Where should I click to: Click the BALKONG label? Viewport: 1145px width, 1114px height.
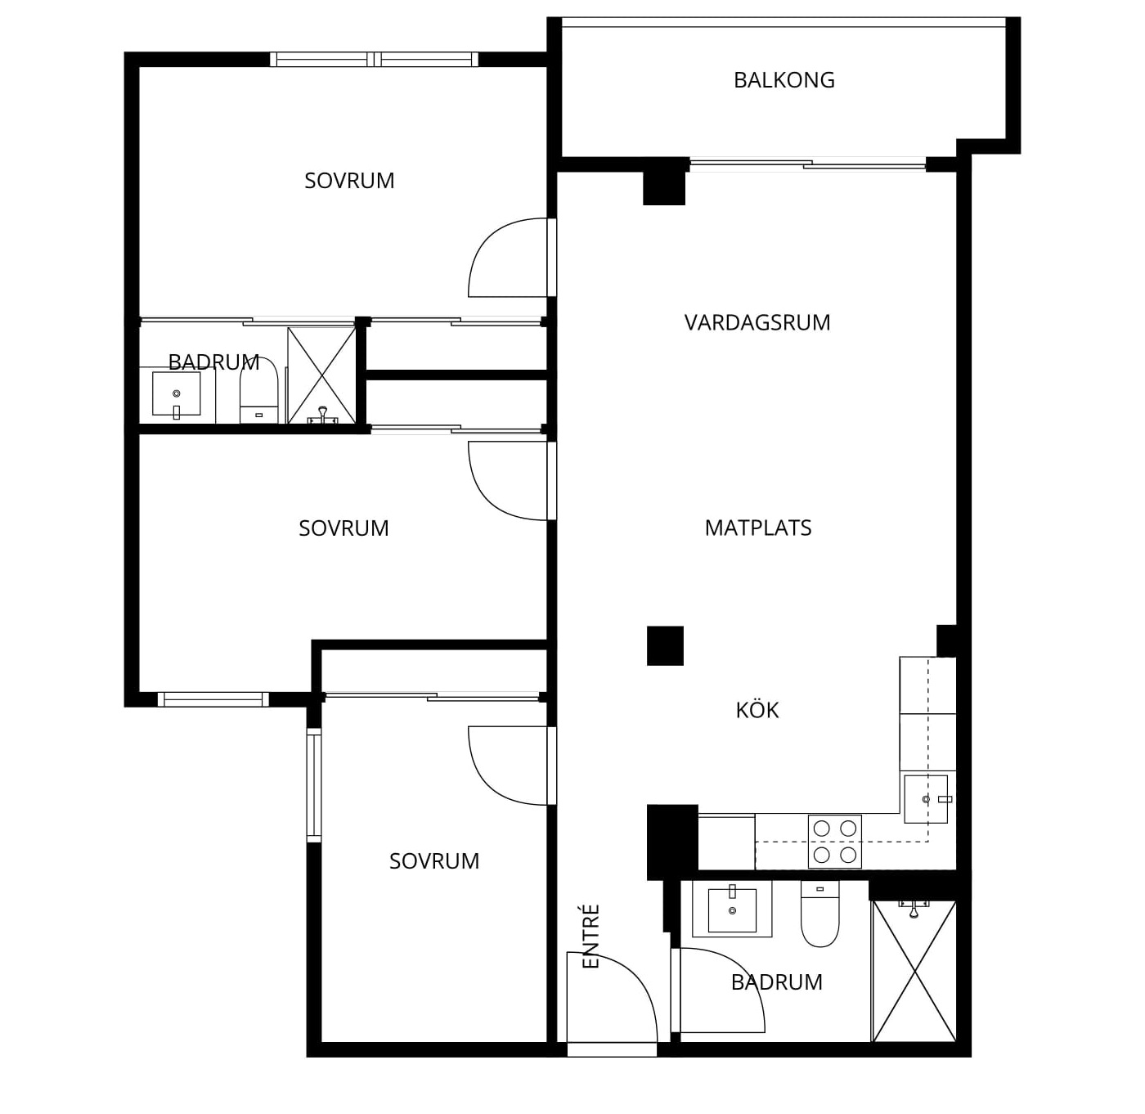[x=784, y=80]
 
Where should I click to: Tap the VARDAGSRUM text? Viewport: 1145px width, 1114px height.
[x=757, y=322]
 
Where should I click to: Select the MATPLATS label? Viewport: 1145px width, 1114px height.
[x=758, y=528]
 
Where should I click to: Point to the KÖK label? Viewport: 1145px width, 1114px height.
[x=757, y=709]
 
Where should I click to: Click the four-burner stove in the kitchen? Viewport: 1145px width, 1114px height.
[x=834, y=841]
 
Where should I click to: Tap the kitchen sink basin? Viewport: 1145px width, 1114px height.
[x=926, y=798]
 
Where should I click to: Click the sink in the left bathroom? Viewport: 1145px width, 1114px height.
[x=176, y=393]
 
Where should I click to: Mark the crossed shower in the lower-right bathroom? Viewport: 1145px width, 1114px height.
[x=914, y=971]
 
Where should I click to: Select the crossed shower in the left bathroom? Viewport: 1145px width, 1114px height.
[x=321, y=375]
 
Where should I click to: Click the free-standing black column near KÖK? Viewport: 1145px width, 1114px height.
[x=665, y=645]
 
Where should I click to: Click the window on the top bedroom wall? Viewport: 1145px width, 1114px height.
[x=375, y=60]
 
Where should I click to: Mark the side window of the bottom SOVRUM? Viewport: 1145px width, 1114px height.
[x=314, y=785]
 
